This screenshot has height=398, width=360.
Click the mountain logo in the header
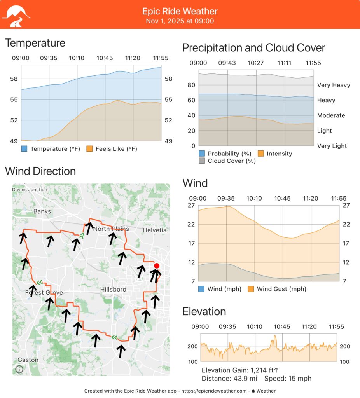coord(16,15)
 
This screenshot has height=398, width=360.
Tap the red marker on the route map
coord(157,266)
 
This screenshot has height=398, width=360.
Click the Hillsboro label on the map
coord(113,290)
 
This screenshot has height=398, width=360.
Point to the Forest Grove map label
coord(44,292)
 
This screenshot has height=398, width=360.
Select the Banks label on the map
coord(42,211)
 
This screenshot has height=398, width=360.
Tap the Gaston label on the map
coord(28,360)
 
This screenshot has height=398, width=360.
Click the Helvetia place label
coord(154,230)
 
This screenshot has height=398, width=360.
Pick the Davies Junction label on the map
coord(30,190)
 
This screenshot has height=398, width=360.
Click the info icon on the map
coord(19,369)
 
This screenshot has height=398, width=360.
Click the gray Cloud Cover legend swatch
coord(202,161)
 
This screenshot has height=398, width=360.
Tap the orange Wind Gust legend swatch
coord(251,289)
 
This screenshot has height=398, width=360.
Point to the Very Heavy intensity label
coord(334,85)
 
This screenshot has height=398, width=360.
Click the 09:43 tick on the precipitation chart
coord(227,63)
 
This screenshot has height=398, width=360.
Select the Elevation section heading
coord(204,312)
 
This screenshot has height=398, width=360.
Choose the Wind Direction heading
coord(40,171)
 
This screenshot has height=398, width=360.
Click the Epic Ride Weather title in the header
coord(180,11)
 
